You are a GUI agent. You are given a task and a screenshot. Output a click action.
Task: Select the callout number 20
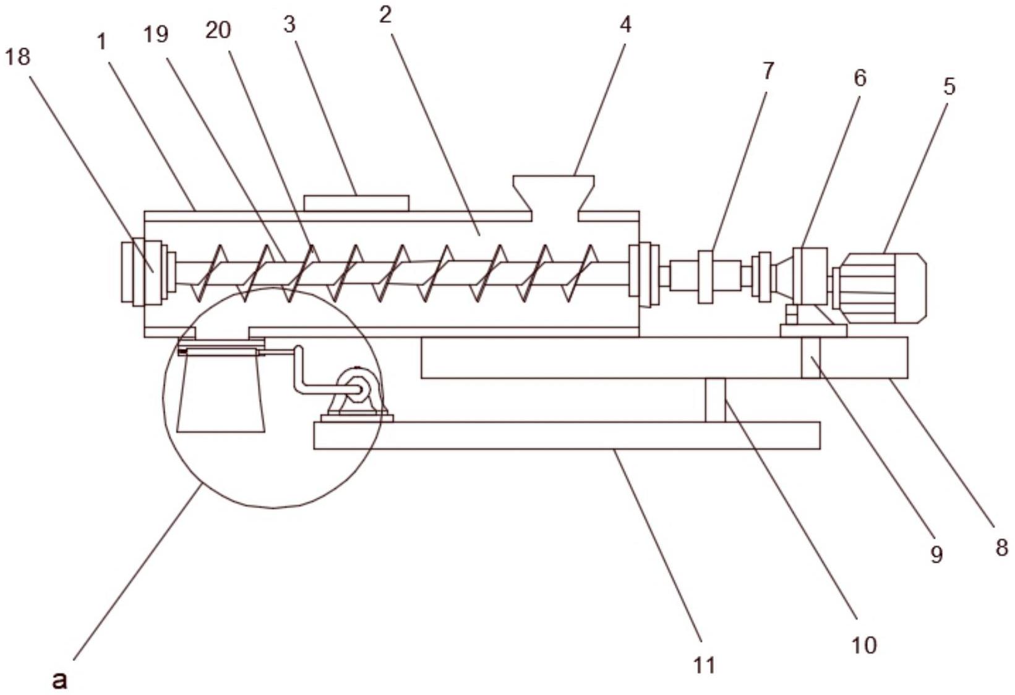pyautogui.click(x=218, y=31)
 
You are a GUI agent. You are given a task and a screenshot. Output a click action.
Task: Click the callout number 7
pyautogui.click(x=949, y=86)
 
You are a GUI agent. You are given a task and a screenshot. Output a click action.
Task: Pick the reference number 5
pyautogui.click(x=860, y=78)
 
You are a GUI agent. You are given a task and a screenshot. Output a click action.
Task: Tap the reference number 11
pyautogui.click(x=768, y=71)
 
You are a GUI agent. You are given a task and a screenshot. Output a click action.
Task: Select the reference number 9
pyautogui.click(x=936, y=555)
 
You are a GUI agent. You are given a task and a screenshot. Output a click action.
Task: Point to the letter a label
pyautogui.click(x=864, y=645)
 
